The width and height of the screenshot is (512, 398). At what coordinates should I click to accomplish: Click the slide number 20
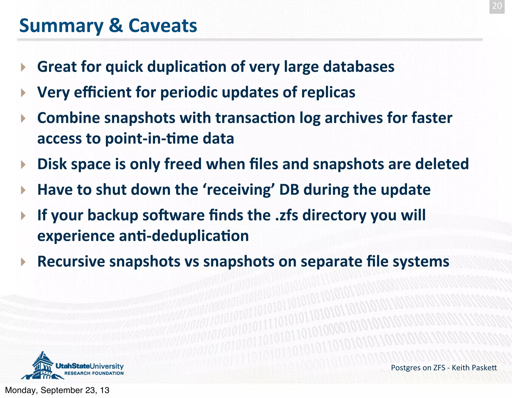coord(497,6)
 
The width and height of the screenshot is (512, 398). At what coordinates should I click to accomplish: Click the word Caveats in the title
coord(162,26)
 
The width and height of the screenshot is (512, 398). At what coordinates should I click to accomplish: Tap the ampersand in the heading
coord(116,26)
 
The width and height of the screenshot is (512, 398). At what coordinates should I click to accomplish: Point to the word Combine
coord(68,118)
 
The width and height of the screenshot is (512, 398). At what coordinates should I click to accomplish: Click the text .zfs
coord(286,215)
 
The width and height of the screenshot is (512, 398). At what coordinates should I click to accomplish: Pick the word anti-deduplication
coord(184,236)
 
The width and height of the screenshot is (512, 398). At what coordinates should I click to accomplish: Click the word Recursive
coord(71,262)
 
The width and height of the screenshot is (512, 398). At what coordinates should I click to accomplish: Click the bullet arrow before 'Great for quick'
coord(23,67)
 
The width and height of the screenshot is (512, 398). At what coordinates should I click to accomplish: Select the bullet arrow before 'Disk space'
coord(23,165)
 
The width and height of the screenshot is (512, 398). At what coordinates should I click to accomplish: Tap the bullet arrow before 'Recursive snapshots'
coord(23,262)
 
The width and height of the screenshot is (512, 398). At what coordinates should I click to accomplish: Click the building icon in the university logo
coord(42,365)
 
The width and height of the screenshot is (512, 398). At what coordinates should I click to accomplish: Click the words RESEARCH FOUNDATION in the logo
coord(94,373)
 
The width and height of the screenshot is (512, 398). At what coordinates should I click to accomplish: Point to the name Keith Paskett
coord(474,368)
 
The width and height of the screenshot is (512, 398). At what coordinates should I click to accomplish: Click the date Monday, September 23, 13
coord(57,390)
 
